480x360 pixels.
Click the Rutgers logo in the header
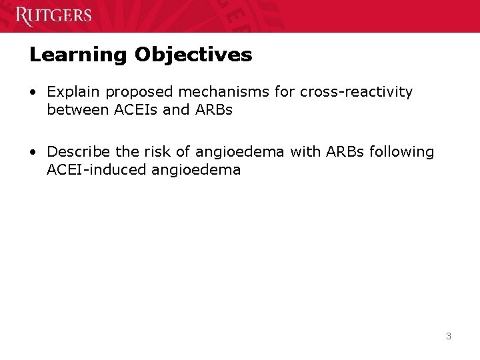[53, 15]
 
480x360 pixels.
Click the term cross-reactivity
[356, 91]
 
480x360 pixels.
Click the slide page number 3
[448, 336]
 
